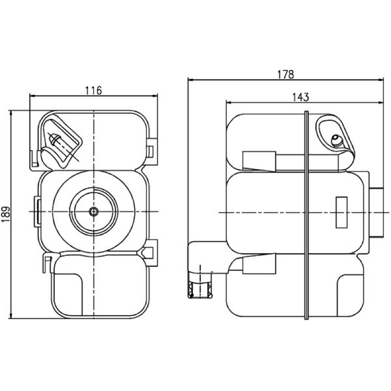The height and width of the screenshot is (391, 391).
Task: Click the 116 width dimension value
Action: tap(94, 90)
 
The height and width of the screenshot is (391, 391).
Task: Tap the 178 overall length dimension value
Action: tap(286, 75)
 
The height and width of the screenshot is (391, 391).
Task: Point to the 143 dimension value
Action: tap(301, 97)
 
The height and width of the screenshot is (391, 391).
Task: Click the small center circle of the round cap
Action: tap(94, 212)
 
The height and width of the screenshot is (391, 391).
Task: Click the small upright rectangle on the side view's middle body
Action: tap(342, 212)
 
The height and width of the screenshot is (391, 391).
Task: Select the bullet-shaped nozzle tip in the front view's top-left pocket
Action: tap(55, 139)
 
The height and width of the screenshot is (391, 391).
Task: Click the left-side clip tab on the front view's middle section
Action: tap(37, 212)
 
